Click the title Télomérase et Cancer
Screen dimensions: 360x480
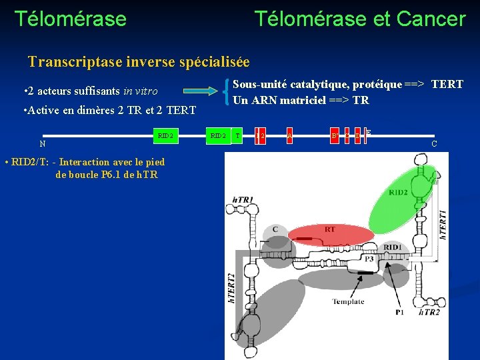point(359,19)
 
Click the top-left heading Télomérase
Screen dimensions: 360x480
point(70,19)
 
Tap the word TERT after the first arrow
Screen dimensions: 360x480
point(447,85)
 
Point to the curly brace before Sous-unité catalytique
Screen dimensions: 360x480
point(229,92)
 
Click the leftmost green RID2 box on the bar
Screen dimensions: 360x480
point(165,137)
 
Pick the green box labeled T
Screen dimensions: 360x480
point(238,137)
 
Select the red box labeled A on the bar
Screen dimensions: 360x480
point(289,137)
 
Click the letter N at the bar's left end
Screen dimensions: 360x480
point(42,144)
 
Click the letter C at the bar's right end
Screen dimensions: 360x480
point(434,144)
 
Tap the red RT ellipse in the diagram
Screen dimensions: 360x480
point(330,231)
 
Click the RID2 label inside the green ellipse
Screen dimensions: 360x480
point(398,193)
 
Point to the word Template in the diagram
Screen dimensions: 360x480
point(348,301)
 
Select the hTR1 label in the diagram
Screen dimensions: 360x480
point(243,199)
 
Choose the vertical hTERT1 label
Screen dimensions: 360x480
point(443,224)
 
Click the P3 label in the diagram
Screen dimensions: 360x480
point(368,259)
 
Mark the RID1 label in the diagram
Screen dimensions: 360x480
point(393,247)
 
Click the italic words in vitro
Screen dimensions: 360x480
point(141,91)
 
